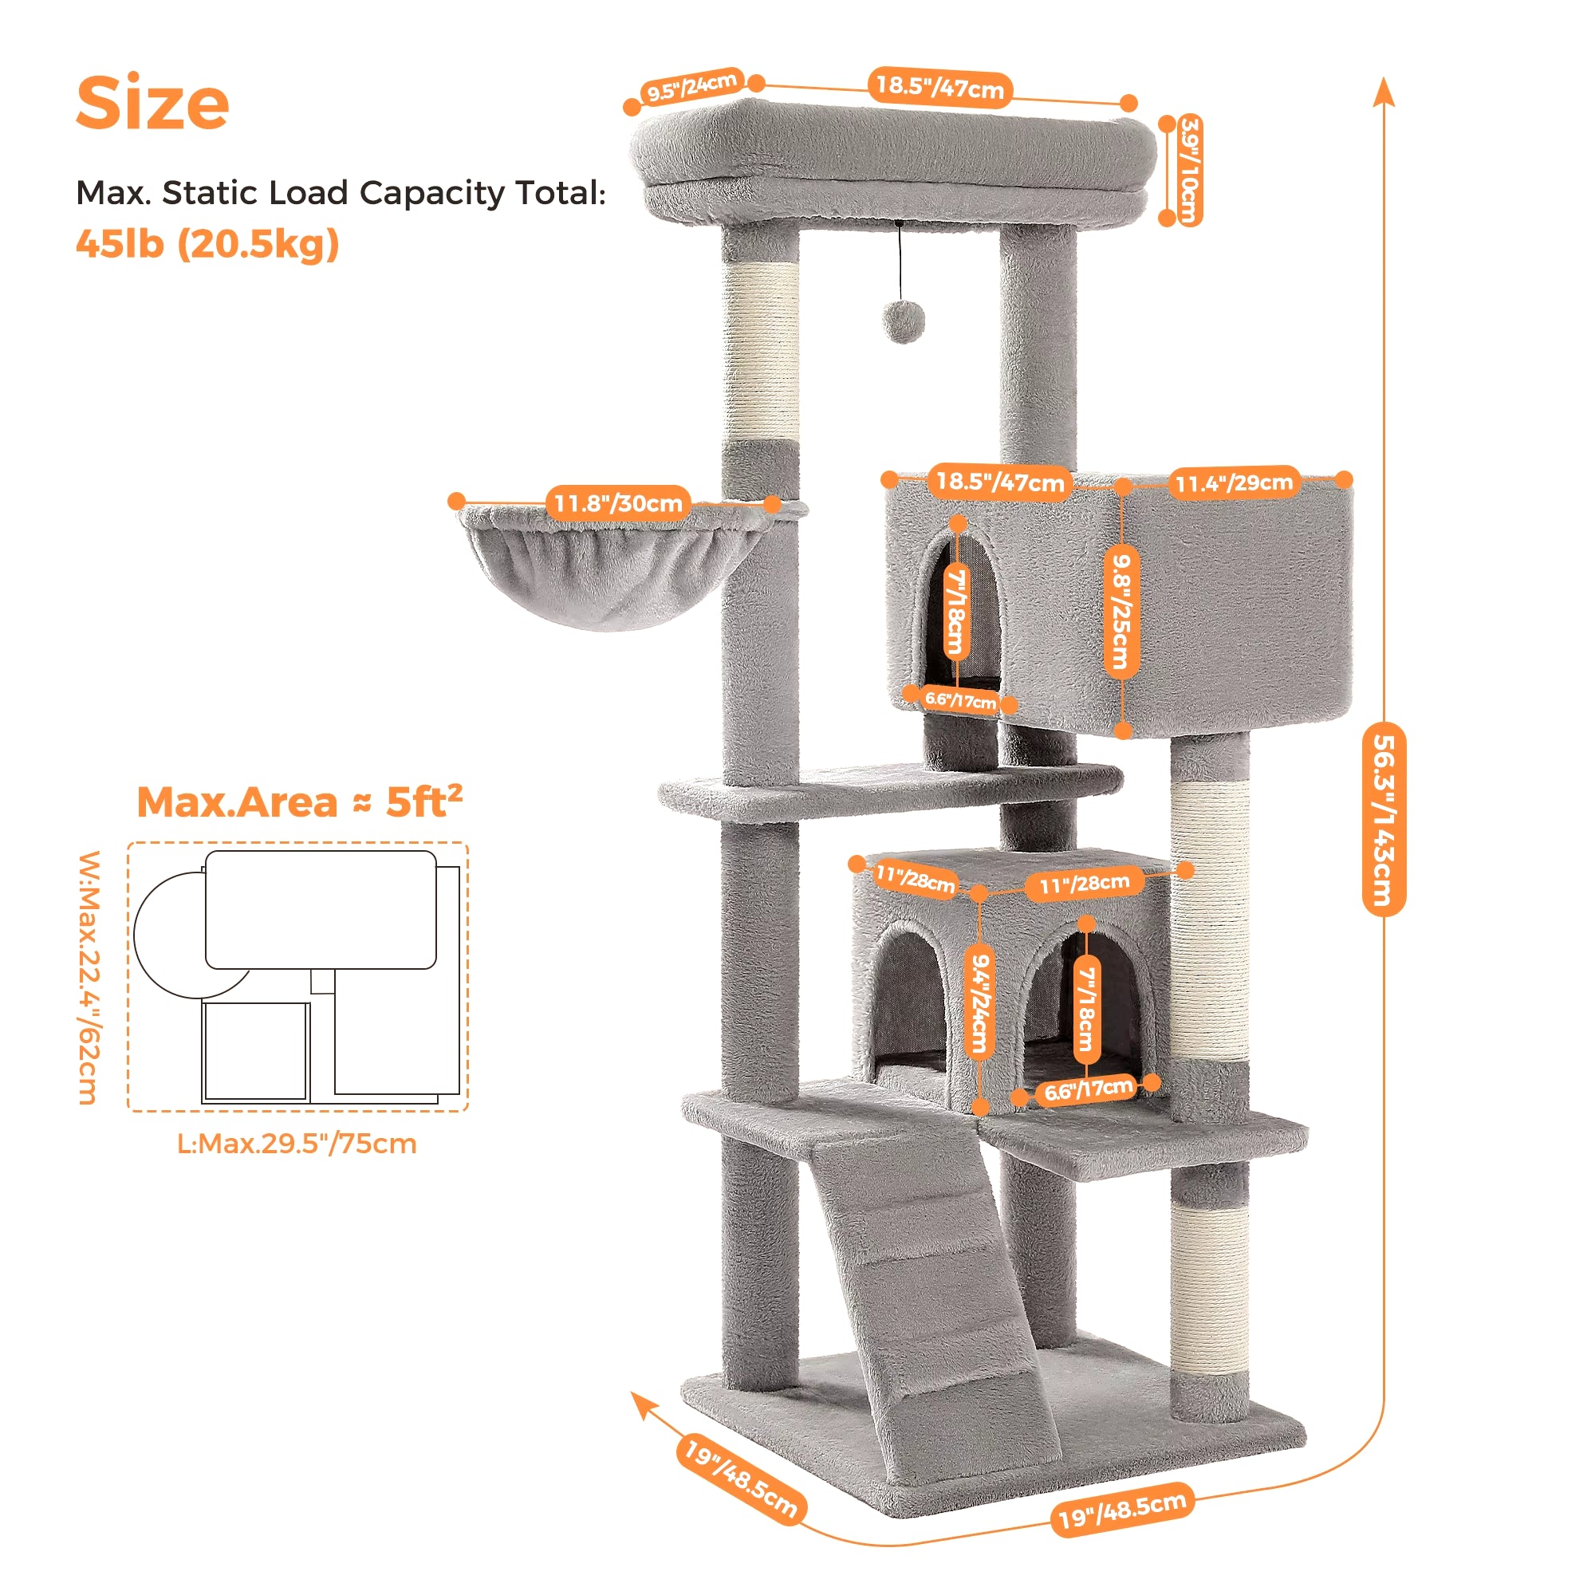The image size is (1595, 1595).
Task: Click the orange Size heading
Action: (153, 103)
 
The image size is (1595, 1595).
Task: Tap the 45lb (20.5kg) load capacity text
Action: (207, 243)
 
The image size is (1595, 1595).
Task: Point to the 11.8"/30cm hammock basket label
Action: (617, 502)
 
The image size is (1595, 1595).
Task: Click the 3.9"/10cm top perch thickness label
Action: (1189, 169)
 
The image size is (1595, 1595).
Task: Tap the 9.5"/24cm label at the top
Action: (690, 86)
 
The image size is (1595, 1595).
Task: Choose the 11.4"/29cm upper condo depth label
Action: (1234, 483)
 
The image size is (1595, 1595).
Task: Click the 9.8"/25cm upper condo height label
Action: (1121, 610)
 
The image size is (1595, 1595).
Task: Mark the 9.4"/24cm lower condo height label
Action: (979, 1003)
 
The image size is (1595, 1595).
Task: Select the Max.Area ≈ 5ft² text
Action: (300, 801)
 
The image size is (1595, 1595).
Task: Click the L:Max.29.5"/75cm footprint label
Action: (297, 1144)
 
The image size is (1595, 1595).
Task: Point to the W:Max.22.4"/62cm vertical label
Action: (89, 978)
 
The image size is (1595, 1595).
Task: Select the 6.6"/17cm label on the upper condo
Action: (960, 700)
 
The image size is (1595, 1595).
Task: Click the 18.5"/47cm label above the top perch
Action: (939, 87)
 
